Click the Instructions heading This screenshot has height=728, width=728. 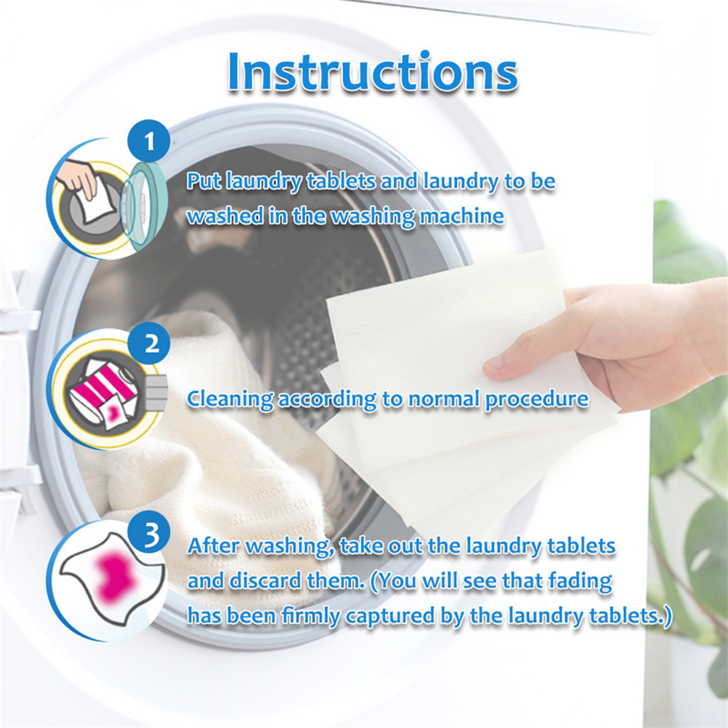[x=372, y=72]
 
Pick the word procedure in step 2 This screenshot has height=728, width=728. [x=536, y=399]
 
